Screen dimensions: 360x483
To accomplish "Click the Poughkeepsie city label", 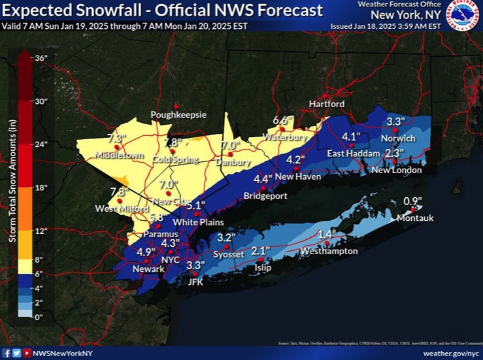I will tap(178, 115).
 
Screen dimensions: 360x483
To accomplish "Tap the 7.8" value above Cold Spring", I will tap(173, 142).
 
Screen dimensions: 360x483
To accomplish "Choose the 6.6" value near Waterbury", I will tap(282, 120).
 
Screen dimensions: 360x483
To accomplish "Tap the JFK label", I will tap(195, 282).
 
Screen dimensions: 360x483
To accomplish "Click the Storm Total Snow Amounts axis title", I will tap(12, 186).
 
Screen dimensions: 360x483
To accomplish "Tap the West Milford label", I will tap(118, 208).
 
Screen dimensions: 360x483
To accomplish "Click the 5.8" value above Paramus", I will tap(156, 218).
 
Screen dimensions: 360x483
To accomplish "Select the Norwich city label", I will tap(399, 139).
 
